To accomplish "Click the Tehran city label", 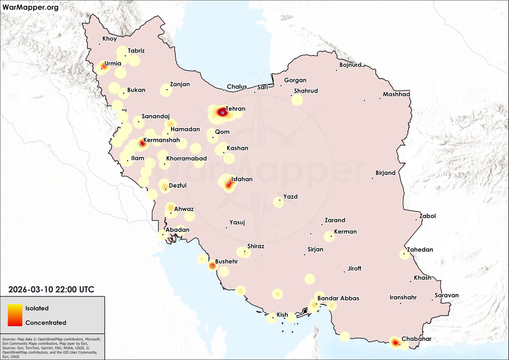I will click(236, 109).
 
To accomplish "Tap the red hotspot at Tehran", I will click(222, 112).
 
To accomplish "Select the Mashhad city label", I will click(397, 94).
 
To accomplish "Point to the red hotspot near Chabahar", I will click(395, 342).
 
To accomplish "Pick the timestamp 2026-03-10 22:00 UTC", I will click(51, 289).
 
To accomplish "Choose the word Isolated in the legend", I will click(37, 308).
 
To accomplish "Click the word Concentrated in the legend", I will click(46, 323).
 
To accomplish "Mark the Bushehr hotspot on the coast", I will click(212, 266).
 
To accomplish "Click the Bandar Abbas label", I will click(338, 298).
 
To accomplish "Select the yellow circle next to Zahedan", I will click(405, 254).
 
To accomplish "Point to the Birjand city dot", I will click(372, 178).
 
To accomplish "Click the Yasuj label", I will click(237, 222).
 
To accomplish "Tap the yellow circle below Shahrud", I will click(297, 100).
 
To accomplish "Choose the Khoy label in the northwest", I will click(110, 39).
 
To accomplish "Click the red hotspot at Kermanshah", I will click(141, 144).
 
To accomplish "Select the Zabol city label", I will click(427, 216).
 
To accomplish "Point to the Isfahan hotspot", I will click(228, 184).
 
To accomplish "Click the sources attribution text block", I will click(51, 348).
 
